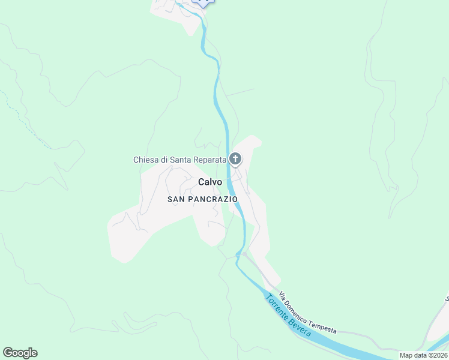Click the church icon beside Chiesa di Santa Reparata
click(x=235, y=159)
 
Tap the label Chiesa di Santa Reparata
click(x=179, y=160)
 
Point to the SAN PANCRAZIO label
click(x=202, y=199)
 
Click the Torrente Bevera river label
click(x=288, y=315)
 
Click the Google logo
click(x=20, y=353)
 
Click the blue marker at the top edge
click(x=203, y=2)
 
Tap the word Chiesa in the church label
click(x=145, y=160)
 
